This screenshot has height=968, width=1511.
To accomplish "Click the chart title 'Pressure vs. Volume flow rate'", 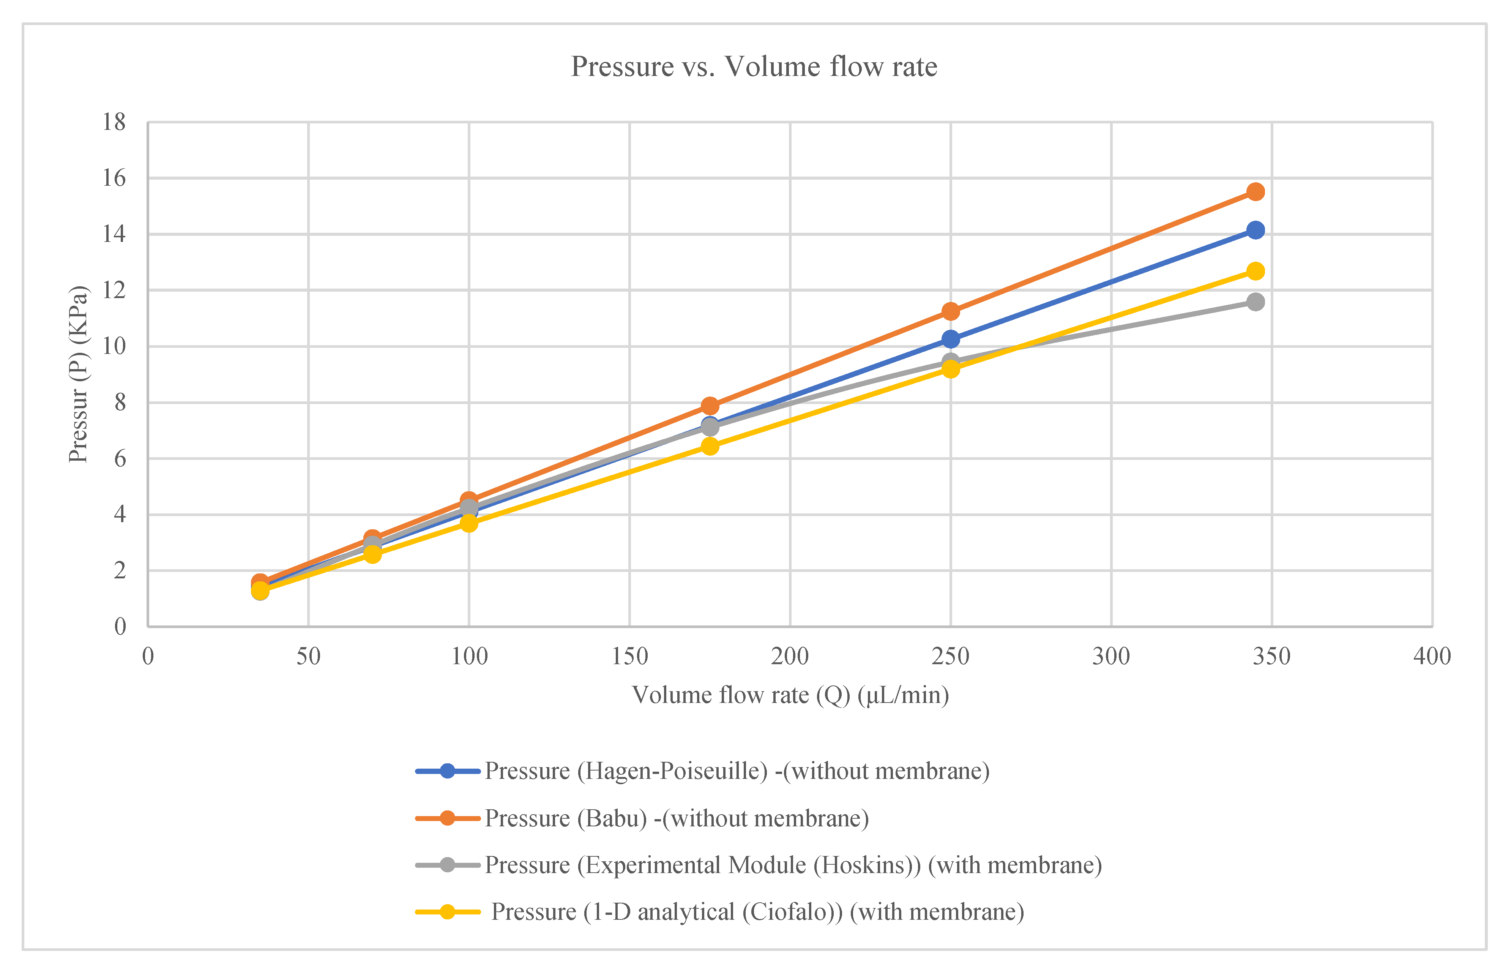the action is tap(754, 66).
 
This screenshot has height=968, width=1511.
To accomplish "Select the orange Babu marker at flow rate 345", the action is tap(1255, 192).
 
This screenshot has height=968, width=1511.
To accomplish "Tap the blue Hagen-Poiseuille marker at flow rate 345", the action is tap(1255, 230).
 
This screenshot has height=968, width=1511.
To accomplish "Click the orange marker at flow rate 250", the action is tap(951, 311).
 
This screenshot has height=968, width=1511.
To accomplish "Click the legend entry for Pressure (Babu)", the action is tap(642, 818).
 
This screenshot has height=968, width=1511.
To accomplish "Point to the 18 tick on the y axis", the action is tap(114, 123).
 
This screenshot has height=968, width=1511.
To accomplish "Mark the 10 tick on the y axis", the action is tap(114, 346).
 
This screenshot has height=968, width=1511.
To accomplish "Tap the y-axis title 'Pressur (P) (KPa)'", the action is tap(79, 374).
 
